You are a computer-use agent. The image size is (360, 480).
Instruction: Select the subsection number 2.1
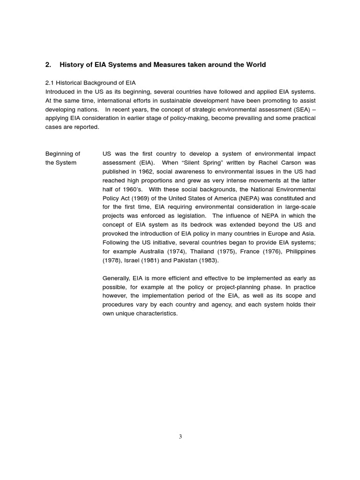50,83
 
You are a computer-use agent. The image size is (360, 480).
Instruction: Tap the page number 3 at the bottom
180,436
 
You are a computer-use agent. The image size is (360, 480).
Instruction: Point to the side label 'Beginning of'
62,154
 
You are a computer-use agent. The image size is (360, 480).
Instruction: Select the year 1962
142,172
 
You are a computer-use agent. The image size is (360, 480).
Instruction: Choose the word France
247,251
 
